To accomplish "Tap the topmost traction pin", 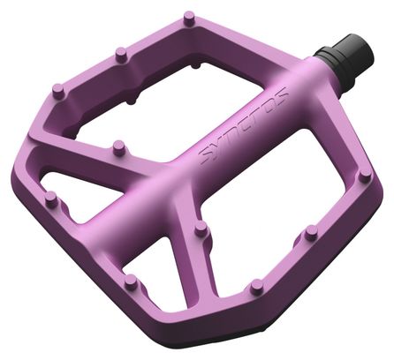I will [x=189, y=18].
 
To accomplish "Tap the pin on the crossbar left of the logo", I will [x=118, y=146].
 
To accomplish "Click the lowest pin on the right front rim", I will [x=257, y=285].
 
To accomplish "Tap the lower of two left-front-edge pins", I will [x=131, y=282].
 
